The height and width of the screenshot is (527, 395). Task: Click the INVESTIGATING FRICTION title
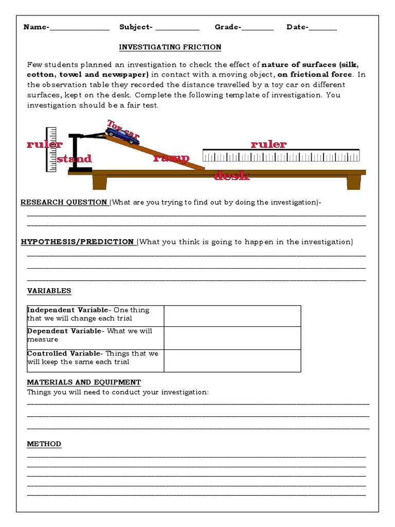[170, 47]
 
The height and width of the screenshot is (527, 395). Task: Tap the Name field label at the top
[36, 27]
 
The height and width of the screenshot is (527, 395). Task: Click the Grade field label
[228, 27]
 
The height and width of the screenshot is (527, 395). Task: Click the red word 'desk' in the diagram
[231, 176]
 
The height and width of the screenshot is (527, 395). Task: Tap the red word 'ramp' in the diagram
[171, 158]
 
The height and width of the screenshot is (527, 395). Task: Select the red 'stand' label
[75, 159]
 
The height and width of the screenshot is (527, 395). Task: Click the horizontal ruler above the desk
[281, 156]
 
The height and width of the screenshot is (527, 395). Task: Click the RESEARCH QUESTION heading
[64, 202]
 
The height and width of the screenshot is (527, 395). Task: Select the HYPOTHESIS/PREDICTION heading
[77, 242]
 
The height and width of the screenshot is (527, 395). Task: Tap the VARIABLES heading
[49, 291]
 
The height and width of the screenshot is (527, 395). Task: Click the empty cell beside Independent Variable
[232, 315]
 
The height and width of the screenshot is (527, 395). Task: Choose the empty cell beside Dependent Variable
[232, 338]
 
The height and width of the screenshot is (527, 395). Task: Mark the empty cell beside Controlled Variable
[232, 360]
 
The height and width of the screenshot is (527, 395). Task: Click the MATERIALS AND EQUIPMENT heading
[84, 382]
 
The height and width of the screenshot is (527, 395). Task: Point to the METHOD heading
[44, 444]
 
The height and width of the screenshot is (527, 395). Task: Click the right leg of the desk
[354, 182]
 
